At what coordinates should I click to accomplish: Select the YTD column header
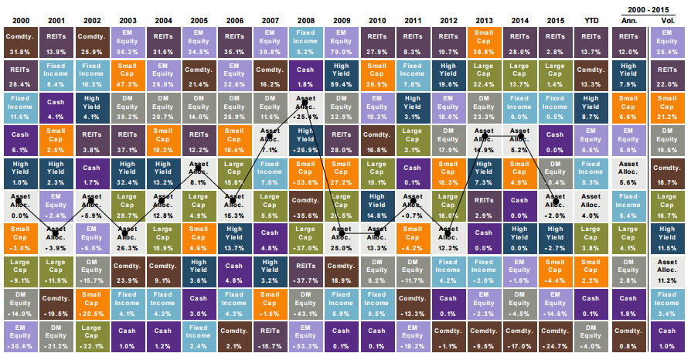click(x=590, y=18)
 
